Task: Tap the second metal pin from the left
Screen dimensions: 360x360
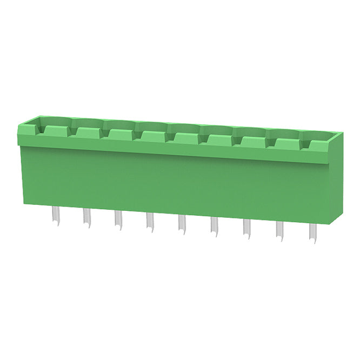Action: click(x=86, y=218)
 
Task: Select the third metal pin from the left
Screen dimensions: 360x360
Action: click(x=118, y=221)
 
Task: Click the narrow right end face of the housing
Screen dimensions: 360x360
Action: click(x=335, y=178)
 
